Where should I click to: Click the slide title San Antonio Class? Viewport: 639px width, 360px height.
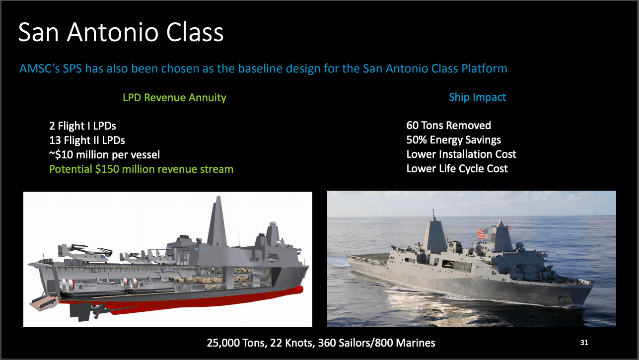coord(121,32)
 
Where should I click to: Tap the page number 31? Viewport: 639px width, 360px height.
coord(584,342)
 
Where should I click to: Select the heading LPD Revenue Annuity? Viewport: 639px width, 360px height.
coord(174,97)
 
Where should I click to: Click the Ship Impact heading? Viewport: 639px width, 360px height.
coord(477,97)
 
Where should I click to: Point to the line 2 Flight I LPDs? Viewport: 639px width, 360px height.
coord(83,126)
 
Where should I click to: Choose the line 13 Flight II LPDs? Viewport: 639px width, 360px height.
coord(87,141)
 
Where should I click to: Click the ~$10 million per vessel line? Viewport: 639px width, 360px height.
coord(104,154)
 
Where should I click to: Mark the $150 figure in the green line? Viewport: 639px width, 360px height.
coord(107,169)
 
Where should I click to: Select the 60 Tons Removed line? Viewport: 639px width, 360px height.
coord(448,126)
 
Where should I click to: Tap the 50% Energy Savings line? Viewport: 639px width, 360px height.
coord(454,140)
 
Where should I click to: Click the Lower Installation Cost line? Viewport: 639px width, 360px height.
coord(461,154)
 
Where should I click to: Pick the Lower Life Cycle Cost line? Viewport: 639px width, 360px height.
coord(457,169)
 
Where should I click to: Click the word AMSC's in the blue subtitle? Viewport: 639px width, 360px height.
coord(39,69)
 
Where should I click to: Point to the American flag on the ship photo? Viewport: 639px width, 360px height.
coord(483,234)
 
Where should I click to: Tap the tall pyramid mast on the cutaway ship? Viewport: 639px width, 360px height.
coord(217,222)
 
